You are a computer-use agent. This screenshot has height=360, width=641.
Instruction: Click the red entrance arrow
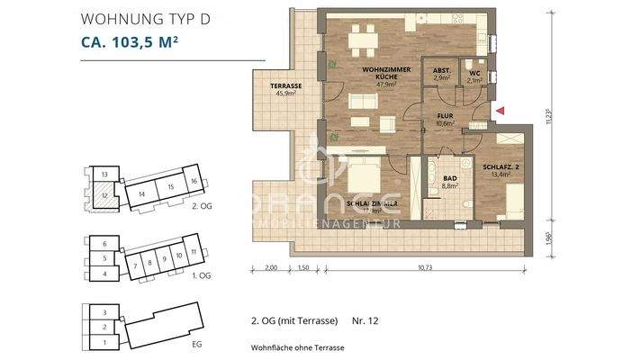point(501,110)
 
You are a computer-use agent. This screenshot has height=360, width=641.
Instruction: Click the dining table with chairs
point(363,39)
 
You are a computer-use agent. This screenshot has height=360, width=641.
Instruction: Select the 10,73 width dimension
point(425,268)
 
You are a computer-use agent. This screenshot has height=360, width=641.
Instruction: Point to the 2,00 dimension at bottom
point(271,268)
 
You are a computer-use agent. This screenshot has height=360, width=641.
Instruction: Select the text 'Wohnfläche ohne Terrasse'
point(298,347)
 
